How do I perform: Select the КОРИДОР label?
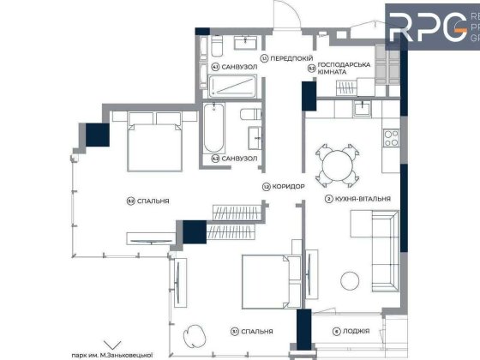tap(282, 186)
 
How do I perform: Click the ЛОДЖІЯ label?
tap(352, 331)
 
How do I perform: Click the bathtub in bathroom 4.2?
tap(213, 133)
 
